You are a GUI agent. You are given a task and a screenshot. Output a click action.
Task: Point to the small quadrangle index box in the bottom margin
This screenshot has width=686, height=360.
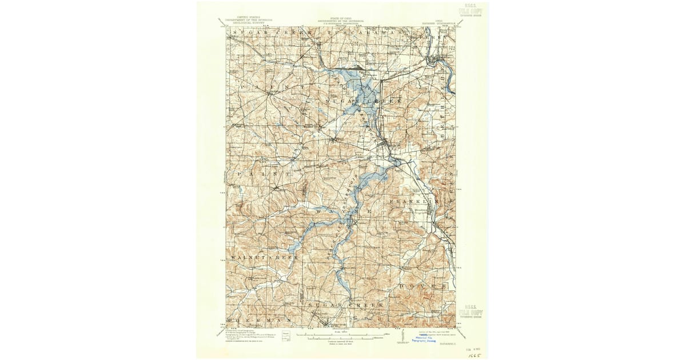(x=293, y=334)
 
